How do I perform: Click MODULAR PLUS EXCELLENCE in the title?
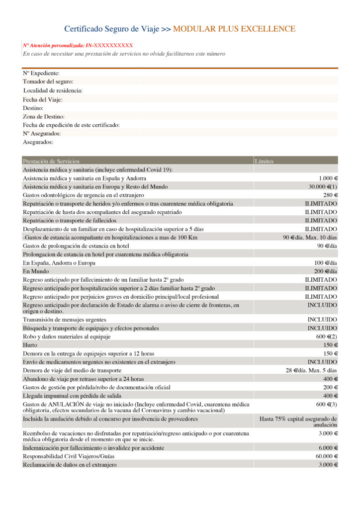[234, 29]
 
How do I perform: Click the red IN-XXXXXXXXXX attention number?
[110, 45]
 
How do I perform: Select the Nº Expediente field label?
[41, 74]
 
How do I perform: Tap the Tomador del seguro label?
[48, 82]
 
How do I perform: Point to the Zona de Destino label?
[44, 116]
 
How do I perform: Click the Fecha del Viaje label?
[43, 99]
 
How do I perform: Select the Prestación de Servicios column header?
[51, 161]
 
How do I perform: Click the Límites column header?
[264, 161]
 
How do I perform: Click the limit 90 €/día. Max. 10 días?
[310, 237]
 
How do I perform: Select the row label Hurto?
[30, 344]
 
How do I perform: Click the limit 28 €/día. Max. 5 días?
[311, 370]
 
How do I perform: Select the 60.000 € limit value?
[326, 456]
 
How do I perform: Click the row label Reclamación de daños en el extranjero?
[70, 464]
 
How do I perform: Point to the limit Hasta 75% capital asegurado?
[298, 419]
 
